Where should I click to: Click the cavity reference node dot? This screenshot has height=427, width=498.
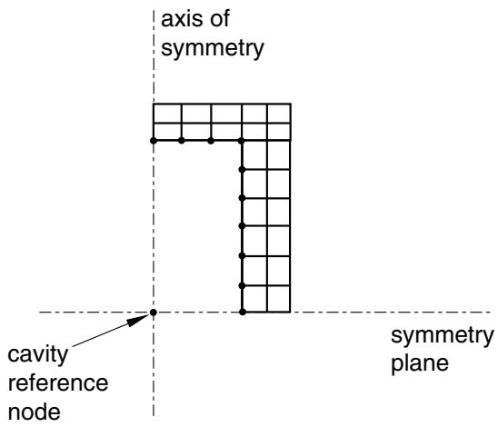click(154, 313)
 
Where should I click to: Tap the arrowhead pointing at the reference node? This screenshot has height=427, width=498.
click(139, 320)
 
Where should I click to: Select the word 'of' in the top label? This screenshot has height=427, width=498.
click(218, 19)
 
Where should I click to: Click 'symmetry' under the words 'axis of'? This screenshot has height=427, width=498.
click(213, 48)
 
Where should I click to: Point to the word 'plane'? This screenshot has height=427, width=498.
click(420, 364)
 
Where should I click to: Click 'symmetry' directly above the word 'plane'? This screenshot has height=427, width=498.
click(442, 336)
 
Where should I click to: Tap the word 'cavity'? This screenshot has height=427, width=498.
click(38, 355)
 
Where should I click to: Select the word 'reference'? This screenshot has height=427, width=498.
click(58, 382)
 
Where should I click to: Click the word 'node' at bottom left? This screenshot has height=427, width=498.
click(35, 412)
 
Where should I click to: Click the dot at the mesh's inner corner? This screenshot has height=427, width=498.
click(242, 140)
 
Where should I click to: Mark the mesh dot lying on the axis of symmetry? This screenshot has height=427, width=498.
click(154, 140)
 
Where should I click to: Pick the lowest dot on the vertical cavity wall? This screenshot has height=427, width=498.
click(243, 313)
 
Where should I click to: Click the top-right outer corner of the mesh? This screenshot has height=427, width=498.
click(291, 104)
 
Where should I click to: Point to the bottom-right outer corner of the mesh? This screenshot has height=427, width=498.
click(290, 313)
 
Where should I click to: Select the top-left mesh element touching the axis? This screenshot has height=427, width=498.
click(167, 114)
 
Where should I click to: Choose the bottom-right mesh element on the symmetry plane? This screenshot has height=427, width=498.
click(279, 299)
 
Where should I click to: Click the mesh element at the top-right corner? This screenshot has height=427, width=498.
click(279, 114)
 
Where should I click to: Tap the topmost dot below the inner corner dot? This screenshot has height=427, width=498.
click(242, 170)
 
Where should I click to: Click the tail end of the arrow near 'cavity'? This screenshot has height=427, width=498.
click(73, 346)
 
